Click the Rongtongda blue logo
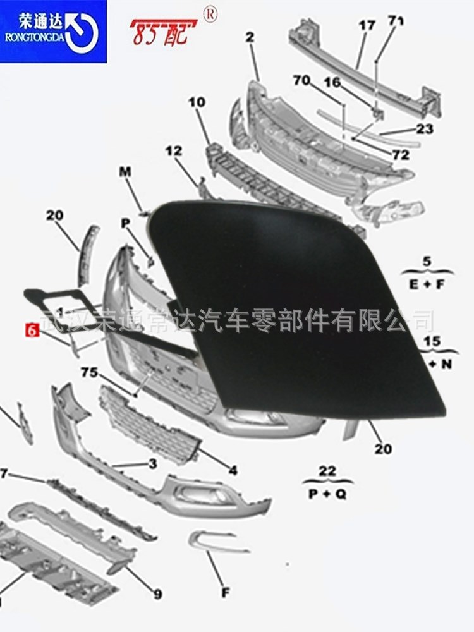53,31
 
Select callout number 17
367,26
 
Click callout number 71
396,21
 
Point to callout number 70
301,80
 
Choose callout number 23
425,129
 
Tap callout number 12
173,151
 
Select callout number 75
89,373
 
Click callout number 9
157,594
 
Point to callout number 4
233,470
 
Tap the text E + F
427,284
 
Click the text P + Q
327,495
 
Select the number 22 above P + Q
327,471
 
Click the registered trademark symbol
209,12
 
